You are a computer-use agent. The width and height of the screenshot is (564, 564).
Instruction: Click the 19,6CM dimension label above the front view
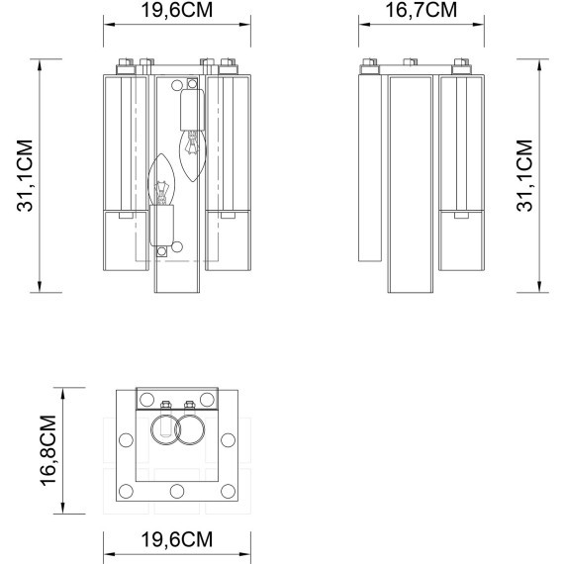(x=176, y=10)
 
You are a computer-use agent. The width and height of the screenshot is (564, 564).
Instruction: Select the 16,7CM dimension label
(x=421, y=10)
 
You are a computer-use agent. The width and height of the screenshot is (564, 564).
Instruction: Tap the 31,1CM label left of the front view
(x=25, y=175)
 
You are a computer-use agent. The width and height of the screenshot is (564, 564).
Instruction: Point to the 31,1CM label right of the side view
(x=524, y=175)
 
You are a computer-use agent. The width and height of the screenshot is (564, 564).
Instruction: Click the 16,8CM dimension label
(x=48, y=450)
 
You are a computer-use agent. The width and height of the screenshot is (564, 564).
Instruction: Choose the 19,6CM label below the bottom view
(x=176, y=539)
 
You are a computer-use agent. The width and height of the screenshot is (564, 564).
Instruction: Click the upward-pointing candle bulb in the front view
(x=161, y=180)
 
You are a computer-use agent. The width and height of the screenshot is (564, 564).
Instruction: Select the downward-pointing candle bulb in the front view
(x=193, y=155)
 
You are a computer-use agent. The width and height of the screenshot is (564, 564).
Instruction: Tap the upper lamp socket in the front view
(x=192, y=110)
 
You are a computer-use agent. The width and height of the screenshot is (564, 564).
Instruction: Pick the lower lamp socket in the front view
(x=162, y=226)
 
